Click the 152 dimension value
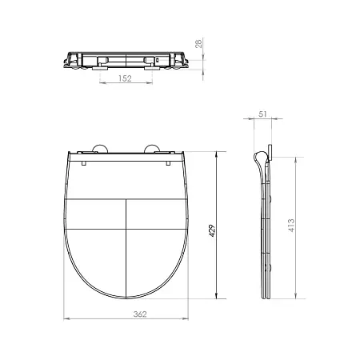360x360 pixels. [x=125, y=78]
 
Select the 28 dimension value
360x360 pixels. [x=199, y=43]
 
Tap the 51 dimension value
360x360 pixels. [x=262, y=114]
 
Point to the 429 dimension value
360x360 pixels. [x=212, y=230]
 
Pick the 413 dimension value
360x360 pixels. [x=291, y=226]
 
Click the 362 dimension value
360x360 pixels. [x=140, y=314]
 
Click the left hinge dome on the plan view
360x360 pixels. [x=100, y=149]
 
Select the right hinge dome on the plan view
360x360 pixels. [x=152, y=149]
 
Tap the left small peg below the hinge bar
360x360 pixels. [x=84, y=163]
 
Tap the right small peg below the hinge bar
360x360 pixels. [x=168, y=163]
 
